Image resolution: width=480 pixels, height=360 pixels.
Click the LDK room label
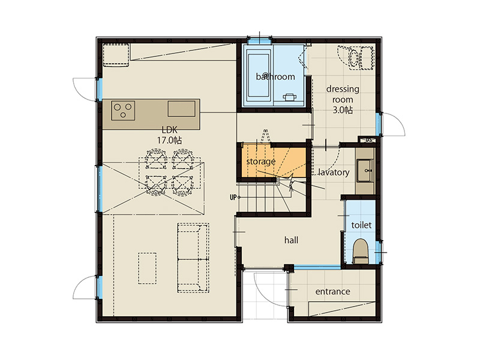(x=170, y=130)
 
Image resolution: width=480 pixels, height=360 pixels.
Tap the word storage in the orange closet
(x=261, y=161)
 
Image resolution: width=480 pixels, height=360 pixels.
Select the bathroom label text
(x=275, y=77)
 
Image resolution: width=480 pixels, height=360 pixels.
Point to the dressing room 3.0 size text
(x=343, y=110)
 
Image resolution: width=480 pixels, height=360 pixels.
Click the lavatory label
(x=334, y=172)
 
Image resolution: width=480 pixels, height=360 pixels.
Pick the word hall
(x=291, y=241)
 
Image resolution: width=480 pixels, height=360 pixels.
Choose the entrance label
(x=333, y=292)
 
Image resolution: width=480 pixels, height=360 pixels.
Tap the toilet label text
(x=362, y=225)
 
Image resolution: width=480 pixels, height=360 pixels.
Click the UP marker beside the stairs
(x=233, y=197)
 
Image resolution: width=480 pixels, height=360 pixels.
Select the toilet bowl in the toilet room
(x=360, y=251)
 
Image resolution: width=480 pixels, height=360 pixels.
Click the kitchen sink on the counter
(x=181, y=109)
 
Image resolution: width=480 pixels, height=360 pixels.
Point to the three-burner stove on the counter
(x=123, y=110)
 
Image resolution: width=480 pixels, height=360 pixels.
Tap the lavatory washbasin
(x=365, y=171)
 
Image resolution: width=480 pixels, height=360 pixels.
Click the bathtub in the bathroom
(x=259, y=76)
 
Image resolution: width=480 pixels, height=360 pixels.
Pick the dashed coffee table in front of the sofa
(x=147, y=268)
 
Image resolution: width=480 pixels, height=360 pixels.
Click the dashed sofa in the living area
(x=193, y=258)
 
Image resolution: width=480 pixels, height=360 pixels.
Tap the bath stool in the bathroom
(x=289, y=97)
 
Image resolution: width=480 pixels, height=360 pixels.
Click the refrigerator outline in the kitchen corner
(x=115, y=55)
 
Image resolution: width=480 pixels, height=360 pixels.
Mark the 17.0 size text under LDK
(x=170, y=140)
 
